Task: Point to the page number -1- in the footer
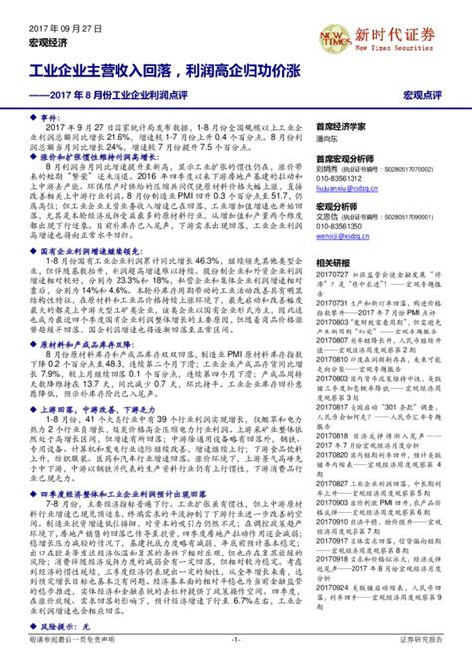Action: tap(236, 658)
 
